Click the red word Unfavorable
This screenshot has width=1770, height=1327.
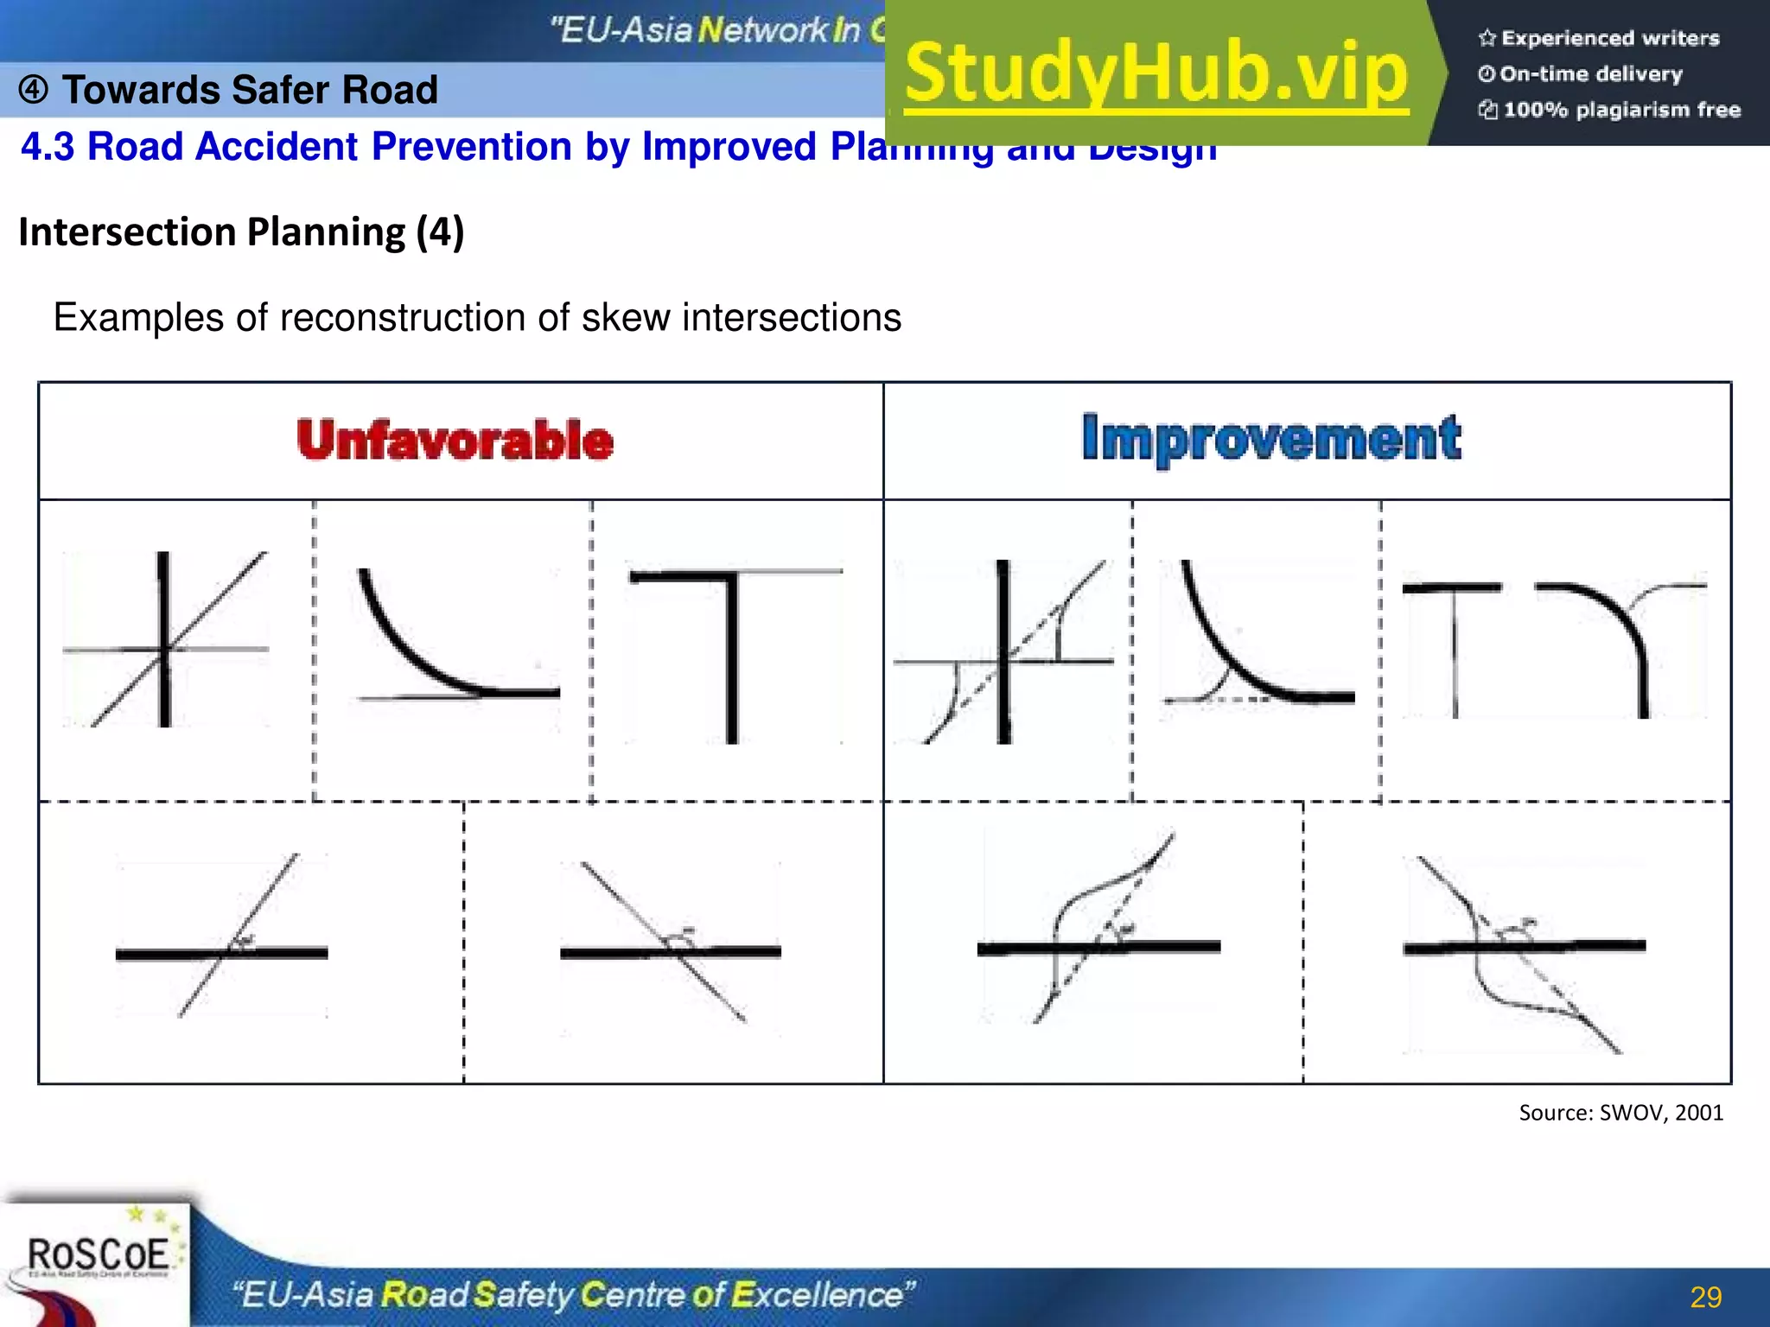(455, 440)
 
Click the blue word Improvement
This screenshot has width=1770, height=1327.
(1271, 438)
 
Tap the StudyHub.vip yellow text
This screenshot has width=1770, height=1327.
(1156, 73)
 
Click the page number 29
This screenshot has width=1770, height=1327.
(1705, 1297)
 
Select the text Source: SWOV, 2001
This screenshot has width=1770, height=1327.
(1620, 1113)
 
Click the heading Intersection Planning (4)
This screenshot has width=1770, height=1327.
(241, 232)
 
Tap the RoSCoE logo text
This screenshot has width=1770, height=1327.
(98, 1254)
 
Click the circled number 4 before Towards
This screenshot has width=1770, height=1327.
(33, 90)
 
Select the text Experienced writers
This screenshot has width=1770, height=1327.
(1609, 38)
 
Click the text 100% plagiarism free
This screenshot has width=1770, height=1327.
(1621, 110)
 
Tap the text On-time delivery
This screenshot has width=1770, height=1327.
(1590, 74)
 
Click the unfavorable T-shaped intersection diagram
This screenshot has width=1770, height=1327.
(733, 652)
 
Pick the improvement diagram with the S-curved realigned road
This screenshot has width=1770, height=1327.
(1098, 929)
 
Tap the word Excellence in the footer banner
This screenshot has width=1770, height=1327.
(821, 1295)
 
